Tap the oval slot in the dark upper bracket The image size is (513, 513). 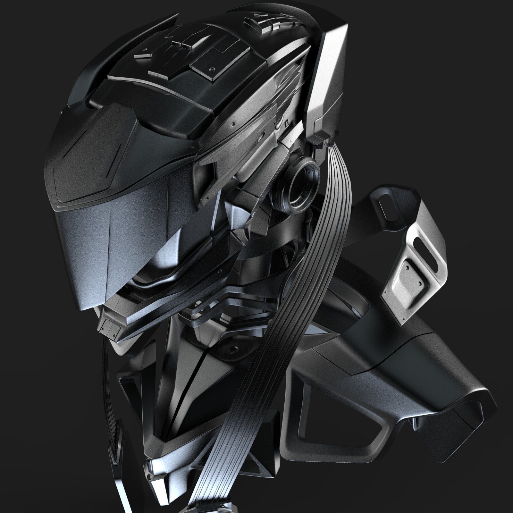pos(387,210)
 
